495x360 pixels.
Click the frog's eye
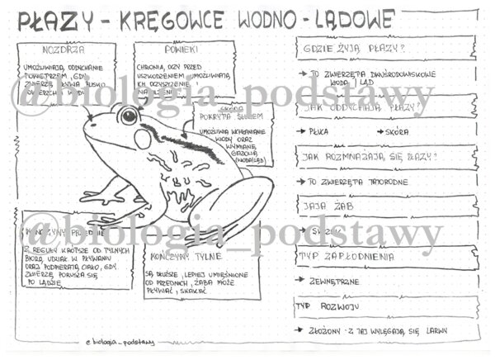click(129, 115)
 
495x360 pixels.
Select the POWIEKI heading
click(165, 49)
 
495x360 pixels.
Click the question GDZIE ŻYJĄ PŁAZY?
click(341, 48)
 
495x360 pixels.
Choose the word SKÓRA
click(398, 131)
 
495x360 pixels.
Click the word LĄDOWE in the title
click(344, 20)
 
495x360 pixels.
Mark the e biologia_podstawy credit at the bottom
click(120, 342)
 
